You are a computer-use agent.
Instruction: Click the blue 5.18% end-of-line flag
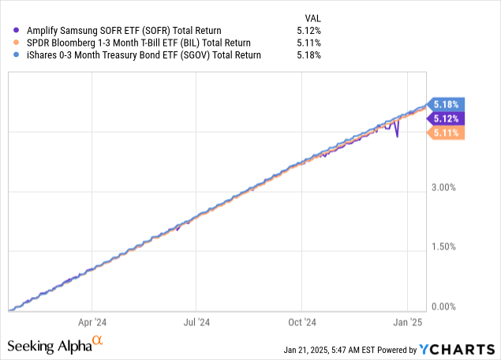coord(447,104)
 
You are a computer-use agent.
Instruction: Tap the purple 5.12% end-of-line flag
coord(447,119)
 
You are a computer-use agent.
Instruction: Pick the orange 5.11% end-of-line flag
coord(447,133)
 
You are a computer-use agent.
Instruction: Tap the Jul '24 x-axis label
coord(196,322)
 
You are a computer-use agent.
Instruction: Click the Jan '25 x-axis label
coord(407,322)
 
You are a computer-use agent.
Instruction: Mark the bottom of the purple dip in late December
coord(397,137)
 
